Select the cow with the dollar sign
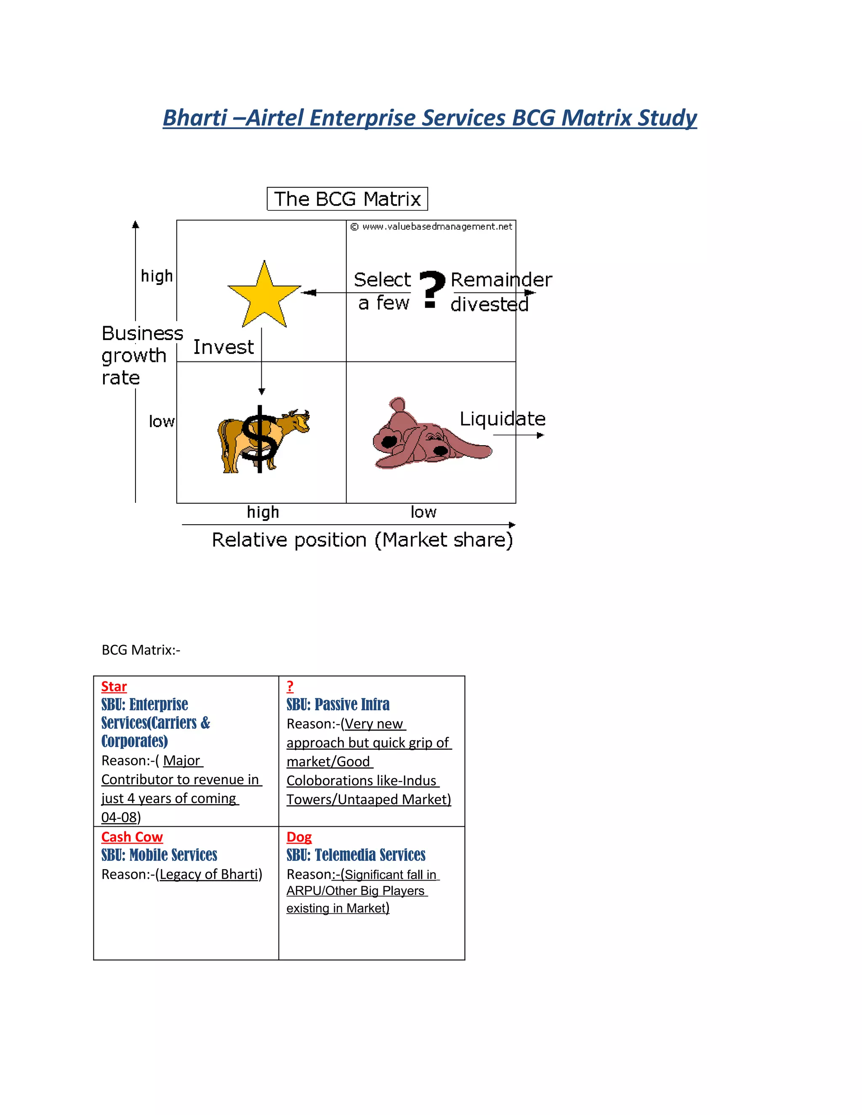pos(263,440)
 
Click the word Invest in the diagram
pos(223,347)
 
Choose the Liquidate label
pos(503,419)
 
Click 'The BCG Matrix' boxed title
pos(347,199)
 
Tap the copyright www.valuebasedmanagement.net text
pos(431,227)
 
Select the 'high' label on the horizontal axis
pos(263,512)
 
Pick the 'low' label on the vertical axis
pos(161,421)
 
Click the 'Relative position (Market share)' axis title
pos(362,540)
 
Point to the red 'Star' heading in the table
pos(114,686)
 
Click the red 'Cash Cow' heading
pos(132,837)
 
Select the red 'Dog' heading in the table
pos(299,837)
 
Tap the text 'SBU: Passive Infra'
pos(338,704)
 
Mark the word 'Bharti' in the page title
pos(194,117)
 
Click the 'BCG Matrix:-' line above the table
pos(141,650)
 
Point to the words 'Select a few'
pos(383,291)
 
